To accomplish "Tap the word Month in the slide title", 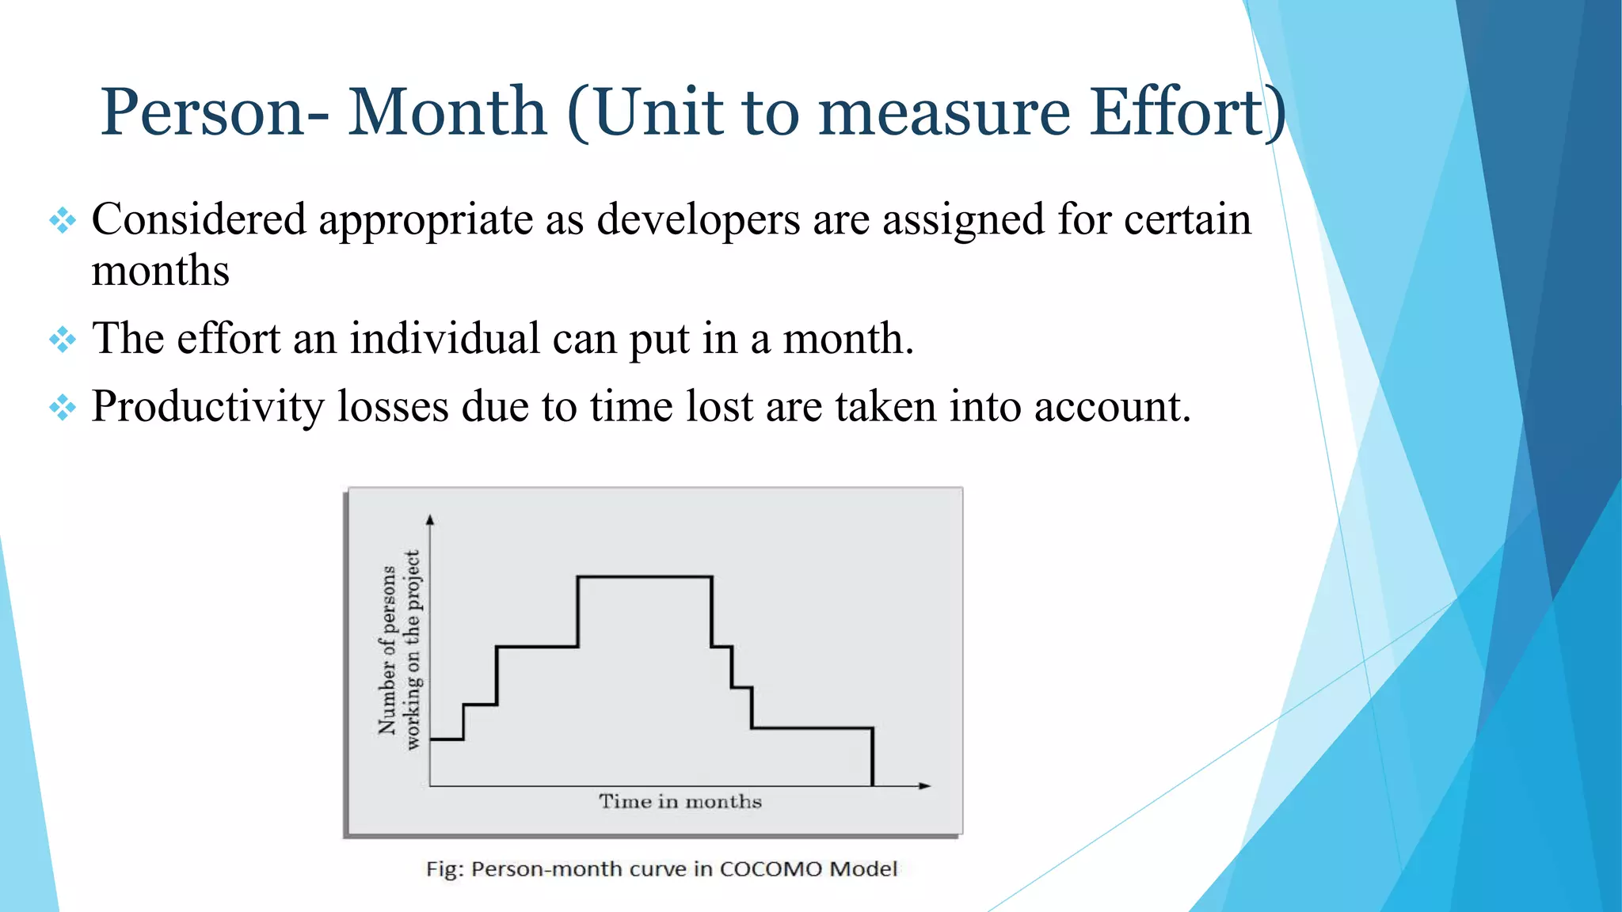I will tap(447, 112).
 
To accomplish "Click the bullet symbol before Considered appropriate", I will tap(63, 220).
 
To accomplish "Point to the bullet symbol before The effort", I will tap(63, 340).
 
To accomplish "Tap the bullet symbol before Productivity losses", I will tap(63, 408).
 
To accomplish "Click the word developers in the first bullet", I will tap(698, 219).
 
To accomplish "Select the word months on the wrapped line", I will tap(160, 272).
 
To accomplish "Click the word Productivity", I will tap(208, 407).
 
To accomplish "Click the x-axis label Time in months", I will tap(680, 802).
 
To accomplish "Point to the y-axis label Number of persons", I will tap(387, 649).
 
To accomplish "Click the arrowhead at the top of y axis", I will tap(430, 520).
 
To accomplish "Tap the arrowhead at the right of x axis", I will tap(924, 785).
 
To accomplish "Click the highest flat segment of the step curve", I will tap(645, 577).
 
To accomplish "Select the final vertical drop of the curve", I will tap(872, 757).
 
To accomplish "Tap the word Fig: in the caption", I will tap(444, 869).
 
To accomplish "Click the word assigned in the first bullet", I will tap(963, 219).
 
